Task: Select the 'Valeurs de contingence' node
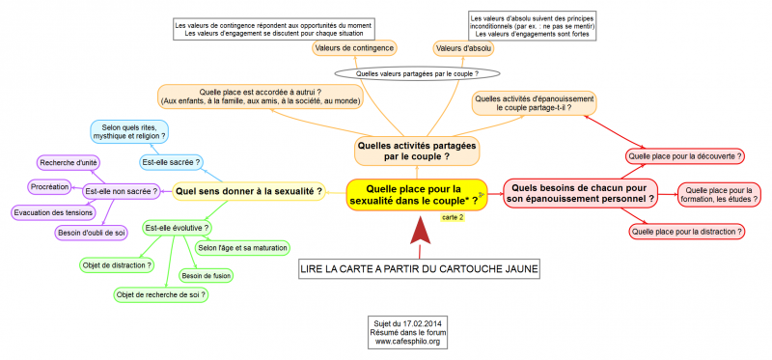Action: (354, 47)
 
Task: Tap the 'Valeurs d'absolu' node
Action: (463, 47)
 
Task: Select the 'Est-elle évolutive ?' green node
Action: (177, 228)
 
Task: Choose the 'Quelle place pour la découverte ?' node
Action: (684, 154)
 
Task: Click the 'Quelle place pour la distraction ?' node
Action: (687, 232)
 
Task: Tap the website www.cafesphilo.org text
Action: (408, 341)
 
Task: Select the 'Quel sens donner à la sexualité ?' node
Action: (249, 191)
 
